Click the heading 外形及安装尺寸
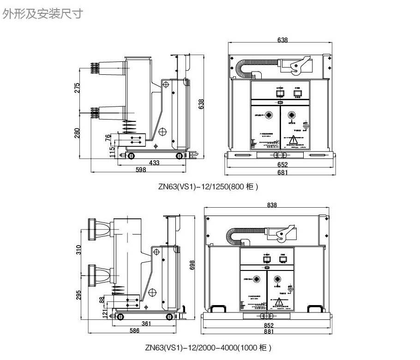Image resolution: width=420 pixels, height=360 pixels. [x=42, y=14]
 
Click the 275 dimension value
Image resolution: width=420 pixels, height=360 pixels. [x=78, y=88]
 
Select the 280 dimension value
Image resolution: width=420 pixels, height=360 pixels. [x=78, y=132]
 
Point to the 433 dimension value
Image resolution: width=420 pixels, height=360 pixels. [x=154, y=163]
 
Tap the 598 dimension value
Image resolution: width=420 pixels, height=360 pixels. [x=141, y=170]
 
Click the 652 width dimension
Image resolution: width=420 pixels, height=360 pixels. [x=282, y=165]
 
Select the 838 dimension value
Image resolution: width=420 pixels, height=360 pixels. [x=271, y=205]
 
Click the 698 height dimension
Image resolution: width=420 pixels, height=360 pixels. [x=193, y=264]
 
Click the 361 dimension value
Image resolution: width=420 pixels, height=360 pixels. [x=146, y=324]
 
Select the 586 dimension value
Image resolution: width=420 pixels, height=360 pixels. [x=134, y=331]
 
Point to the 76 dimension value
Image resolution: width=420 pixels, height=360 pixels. [x=108, y=138]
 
